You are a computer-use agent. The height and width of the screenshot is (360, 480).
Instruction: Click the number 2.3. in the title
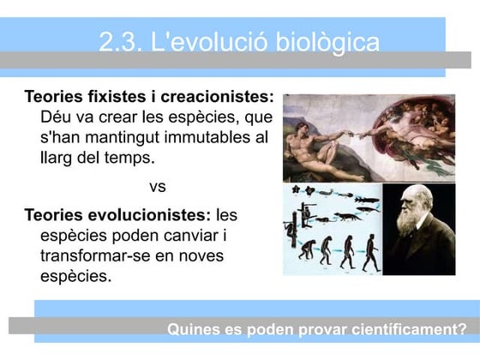120,42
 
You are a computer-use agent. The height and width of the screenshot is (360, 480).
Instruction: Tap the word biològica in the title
330,43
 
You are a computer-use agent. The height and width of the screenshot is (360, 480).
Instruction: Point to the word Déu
58,116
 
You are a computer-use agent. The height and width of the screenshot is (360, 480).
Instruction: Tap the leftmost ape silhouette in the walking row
305,252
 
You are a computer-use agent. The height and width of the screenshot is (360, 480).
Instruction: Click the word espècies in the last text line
75,275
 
